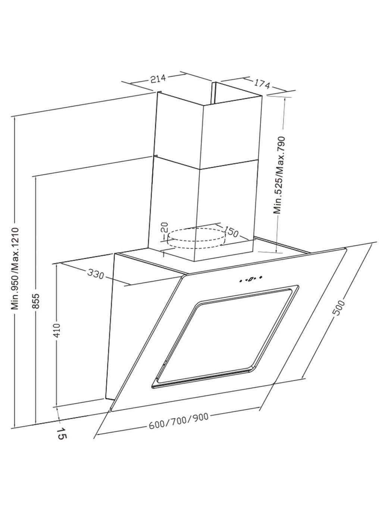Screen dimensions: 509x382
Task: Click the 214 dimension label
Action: coord(158,79)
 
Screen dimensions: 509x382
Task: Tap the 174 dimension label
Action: coord(262,84)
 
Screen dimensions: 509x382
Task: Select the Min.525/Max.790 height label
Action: coord(279,175)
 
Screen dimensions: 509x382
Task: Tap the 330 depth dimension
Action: coord(96,274)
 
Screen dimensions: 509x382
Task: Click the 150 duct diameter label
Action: coord(231,232)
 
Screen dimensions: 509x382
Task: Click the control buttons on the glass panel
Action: coord(251,278)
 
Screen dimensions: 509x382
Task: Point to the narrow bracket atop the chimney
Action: coord(214,91)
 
